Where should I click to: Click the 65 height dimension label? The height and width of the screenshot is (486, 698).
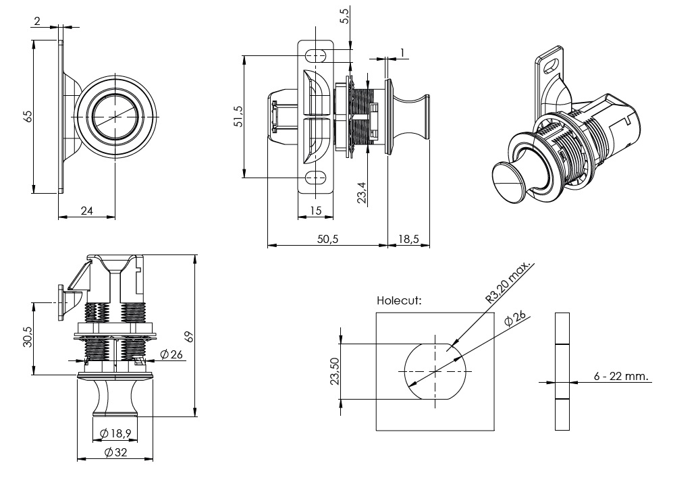[x=28, y=116]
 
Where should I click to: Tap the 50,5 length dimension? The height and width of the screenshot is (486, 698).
[x=327, y=239]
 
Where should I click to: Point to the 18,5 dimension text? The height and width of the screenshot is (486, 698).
[x=408, y=239]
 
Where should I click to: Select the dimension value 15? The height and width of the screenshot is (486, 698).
[x=315, y=211]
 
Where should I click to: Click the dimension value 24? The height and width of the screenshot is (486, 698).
[x=87, y=211]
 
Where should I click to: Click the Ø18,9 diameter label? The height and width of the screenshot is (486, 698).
[x=115, y=433]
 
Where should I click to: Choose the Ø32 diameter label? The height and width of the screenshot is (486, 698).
[x=116, y=452]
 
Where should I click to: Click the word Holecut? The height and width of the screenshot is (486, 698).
[x=399, y=300]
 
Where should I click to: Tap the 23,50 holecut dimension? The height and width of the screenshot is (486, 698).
[x=333, y=371]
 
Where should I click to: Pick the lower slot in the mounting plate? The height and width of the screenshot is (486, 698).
[x=317, y=178]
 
